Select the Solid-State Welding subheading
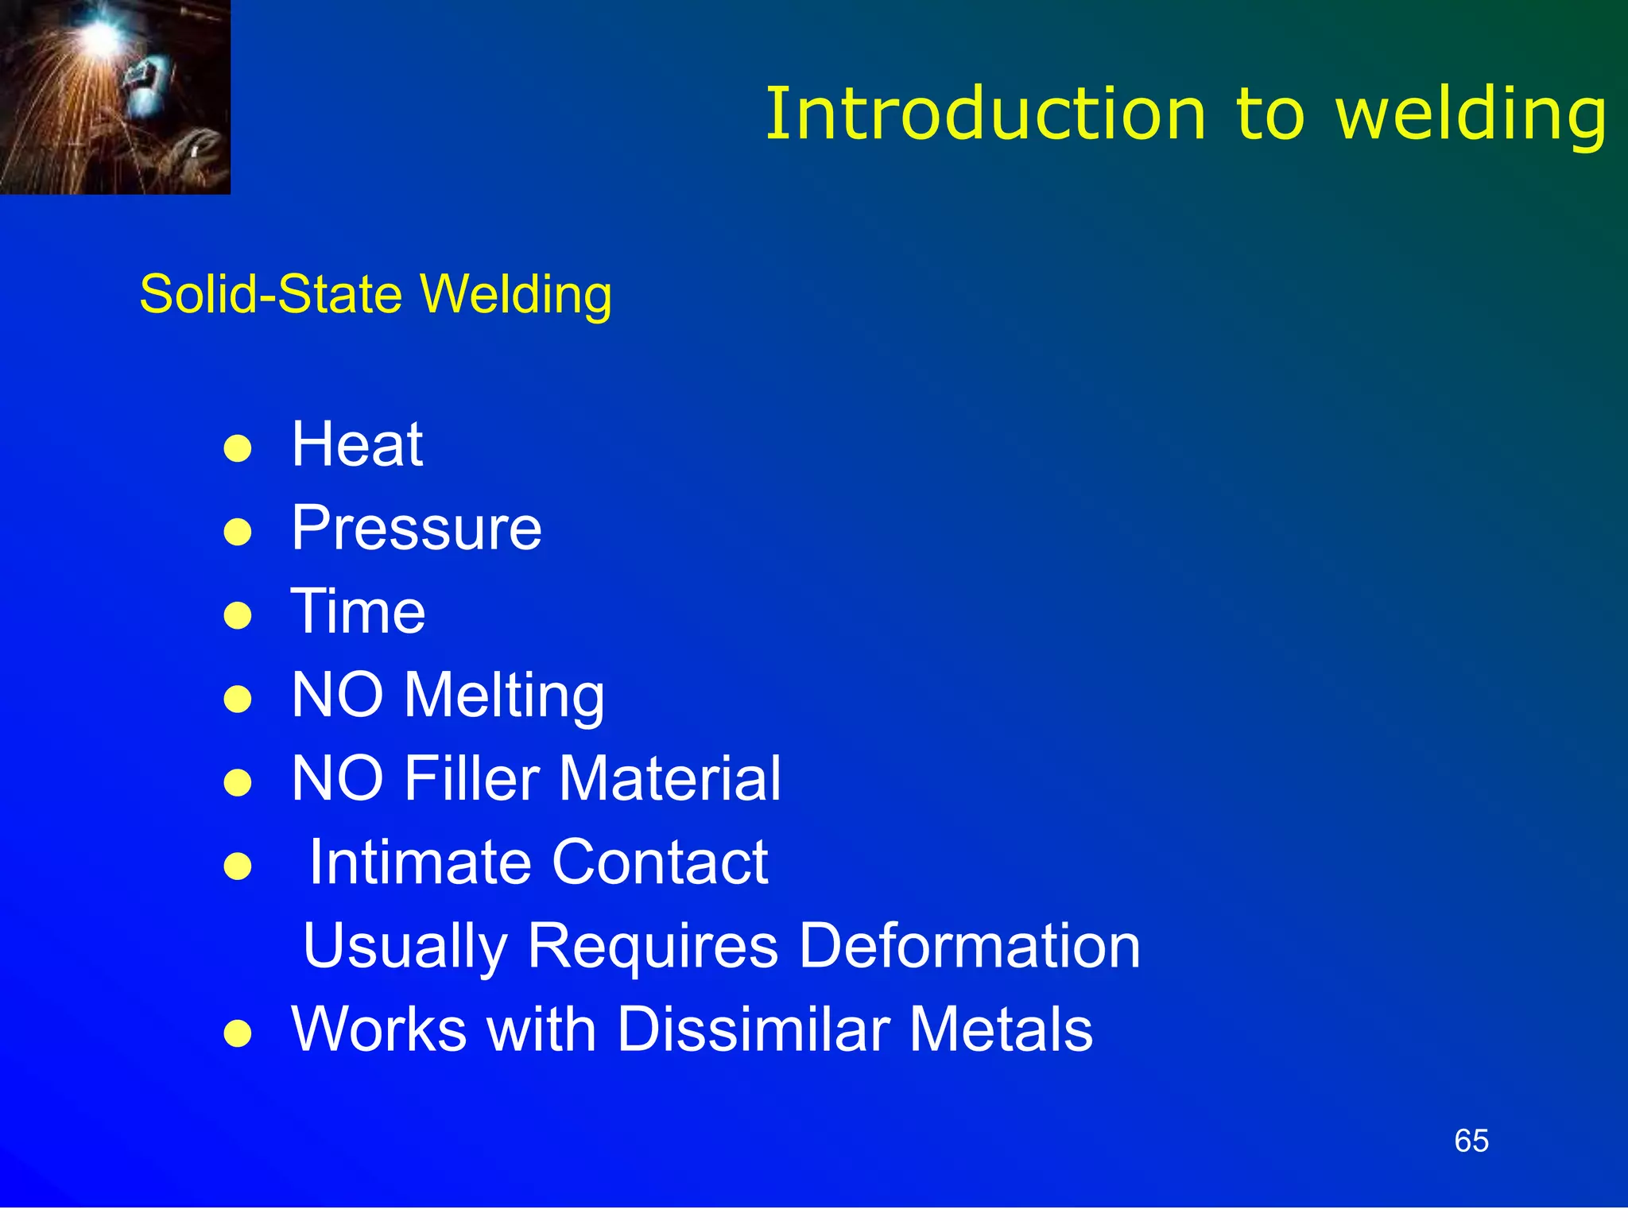tap(375, 294)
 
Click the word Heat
tap(357, 444)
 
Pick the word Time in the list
tap(358, 611)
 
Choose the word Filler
tap(471, 778)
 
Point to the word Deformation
tap(969, 946)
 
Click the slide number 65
tap(1471, 1142)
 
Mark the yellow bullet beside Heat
tap(238, 448)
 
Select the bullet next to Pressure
tap(238, 532)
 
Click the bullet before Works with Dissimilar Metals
tap(238, 1033)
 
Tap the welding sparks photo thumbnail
tap(115, 97)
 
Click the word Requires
tap(653, 946)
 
